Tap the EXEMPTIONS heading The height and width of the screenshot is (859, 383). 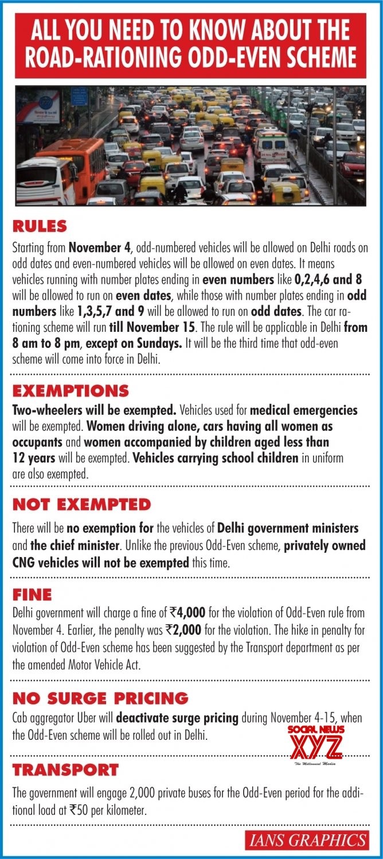click(x=71, y=391)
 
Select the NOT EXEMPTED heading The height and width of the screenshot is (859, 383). click(x=81, y=505)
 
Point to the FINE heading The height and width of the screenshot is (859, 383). click(x=32, y=594)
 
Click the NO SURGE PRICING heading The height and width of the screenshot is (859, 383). click(x=100, y=698)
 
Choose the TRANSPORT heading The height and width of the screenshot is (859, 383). click(x=65, y=770)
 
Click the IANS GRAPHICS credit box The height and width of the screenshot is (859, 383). click(x=307, y=841)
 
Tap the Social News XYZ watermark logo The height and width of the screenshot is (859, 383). click(x=315, y=745)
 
